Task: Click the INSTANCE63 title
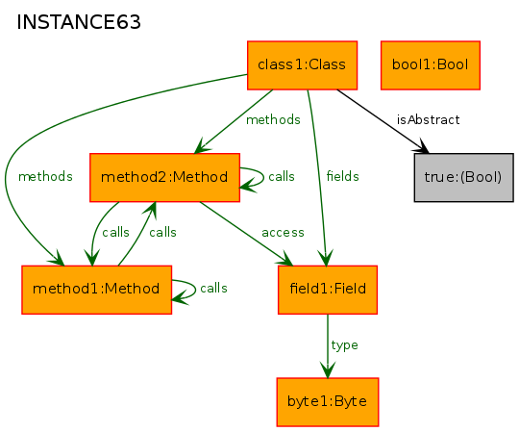pos(79,22)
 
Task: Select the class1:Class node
pos(302,65)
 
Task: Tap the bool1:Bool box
pos(431,65)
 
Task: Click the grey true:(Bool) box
pos(463,177)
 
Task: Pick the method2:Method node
pos(165,177)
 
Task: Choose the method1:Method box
pos(97,290)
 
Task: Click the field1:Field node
pos(328,290)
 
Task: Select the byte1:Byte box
pos(328,402)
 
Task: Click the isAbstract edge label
pos(428,119)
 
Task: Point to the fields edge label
pos(342,176)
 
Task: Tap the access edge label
pos(283,233)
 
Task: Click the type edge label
pos(345,345)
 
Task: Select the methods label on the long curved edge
pos(45,176)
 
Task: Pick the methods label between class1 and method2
pos(273,119)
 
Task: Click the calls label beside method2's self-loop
pos(282,176)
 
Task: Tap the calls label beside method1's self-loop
pos(213,289)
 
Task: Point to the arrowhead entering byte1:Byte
pos(328,370)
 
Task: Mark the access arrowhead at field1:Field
pos(284,260)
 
